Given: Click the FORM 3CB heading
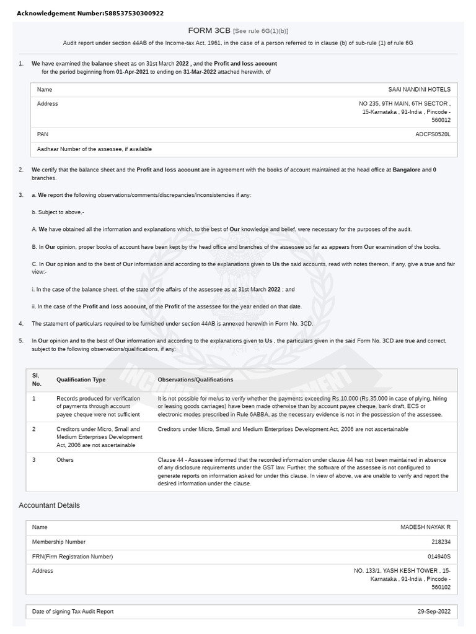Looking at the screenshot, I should (209, 30).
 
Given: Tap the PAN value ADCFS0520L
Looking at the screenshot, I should (433, 134).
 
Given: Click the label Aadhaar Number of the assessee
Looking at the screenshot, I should (94, 149).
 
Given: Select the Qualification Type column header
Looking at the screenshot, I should (81, 380).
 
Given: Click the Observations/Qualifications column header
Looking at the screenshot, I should (195, 380).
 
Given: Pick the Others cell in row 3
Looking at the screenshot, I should (65, 460).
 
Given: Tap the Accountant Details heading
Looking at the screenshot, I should (50, 505).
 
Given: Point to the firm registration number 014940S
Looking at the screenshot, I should (439, 557).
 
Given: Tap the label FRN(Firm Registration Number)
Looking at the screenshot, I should (73, 557).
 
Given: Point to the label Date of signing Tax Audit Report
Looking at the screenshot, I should (73, 612).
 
